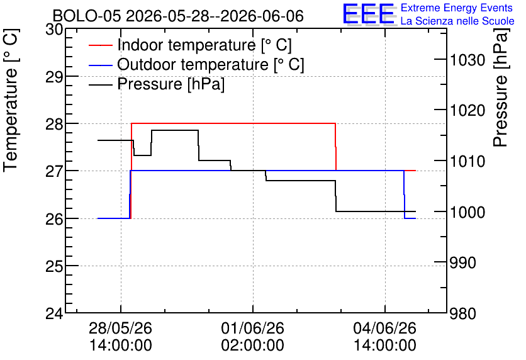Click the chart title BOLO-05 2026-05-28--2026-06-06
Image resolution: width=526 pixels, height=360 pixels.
(x=178, y=16)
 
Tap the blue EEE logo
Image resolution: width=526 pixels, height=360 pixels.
(x=369, y=14)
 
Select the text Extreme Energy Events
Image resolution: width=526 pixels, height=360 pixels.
(x=457, y=8)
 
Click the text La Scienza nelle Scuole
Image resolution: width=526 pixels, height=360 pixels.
(x=457, y=21)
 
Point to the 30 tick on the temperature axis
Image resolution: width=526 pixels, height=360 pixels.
(x=54, y=30)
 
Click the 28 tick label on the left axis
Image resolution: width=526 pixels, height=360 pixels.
(x=54, y=125)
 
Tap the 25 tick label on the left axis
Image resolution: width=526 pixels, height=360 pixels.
(x=54, y=267)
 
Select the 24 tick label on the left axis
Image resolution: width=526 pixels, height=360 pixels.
(x=54, y=314)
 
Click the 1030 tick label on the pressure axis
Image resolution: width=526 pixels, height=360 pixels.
(x=467, y=60)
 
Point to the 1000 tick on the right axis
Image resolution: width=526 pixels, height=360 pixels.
(x=467, y=212)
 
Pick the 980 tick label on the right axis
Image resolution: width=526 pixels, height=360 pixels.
(x=463, y=314)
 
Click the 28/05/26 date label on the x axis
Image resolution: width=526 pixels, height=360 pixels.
(x=120, y=336)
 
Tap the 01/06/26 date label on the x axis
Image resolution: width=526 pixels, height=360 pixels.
(x=252, y=336)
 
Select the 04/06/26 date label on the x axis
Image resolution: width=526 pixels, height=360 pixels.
(x=385, y=336)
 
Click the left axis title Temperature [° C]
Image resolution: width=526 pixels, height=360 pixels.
(x=11, y=101)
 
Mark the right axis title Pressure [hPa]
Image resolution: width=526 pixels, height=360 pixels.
(x=500, y=87)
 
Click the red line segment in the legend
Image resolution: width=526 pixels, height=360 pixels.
(x=100, y=45)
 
